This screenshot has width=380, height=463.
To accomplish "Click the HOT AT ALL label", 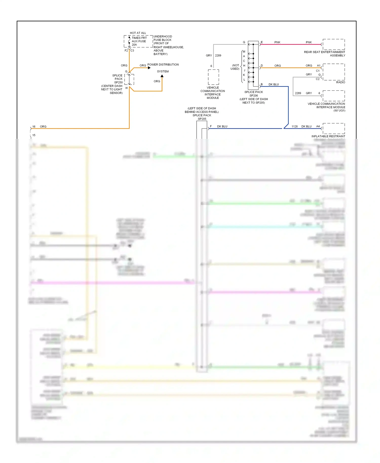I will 138,33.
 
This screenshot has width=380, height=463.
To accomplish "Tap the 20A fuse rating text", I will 134,45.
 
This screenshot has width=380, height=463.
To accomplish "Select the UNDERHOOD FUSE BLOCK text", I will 163,38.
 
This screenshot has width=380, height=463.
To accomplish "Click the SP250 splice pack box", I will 129,80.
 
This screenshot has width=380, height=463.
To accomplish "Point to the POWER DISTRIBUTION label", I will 163,65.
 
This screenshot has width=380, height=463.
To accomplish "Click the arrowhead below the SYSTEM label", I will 162,76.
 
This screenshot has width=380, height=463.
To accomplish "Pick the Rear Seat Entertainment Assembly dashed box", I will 334,44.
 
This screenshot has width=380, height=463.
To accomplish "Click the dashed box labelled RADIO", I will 334,72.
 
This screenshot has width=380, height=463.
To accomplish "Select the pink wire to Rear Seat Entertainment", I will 291,45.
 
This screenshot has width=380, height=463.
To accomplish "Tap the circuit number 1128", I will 294,126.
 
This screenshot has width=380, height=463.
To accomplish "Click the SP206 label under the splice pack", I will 254,95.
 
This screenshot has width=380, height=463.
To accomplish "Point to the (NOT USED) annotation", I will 235,67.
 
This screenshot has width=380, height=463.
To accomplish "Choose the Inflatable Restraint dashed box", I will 334,128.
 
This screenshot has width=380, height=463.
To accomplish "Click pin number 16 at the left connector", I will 34,126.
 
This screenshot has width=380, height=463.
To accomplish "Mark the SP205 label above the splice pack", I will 202,119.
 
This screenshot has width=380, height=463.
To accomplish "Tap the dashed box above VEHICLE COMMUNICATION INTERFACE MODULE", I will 213,77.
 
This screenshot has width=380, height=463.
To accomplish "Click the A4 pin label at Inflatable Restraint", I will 318,126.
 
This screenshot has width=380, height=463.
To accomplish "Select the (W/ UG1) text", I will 339,110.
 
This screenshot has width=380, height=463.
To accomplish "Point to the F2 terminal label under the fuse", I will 126,51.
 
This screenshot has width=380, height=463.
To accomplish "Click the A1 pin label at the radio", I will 319,66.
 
